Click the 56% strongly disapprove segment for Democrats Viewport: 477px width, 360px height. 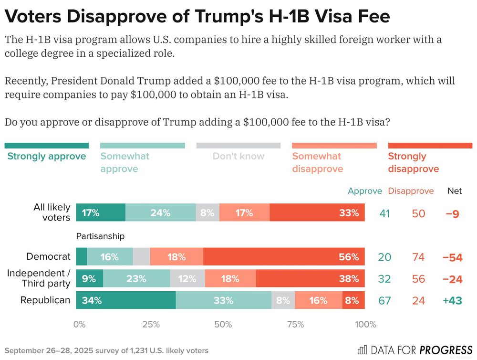coord(284,257)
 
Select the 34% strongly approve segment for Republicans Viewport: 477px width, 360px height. coord(126,301)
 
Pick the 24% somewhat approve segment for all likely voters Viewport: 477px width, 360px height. coord(161,213)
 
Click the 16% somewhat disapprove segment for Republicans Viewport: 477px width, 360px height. coord(318,301)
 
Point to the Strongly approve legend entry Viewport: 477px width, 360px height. coord(47,156)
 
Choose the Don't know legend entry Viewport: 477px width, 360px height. coord(238,156)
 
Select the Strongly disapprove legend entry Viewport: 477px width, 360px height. coord(413,162)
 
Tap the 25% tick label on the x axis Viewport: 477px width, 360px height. coord(151,325)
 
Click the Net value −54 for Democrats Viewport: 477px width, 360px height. coord(452,257)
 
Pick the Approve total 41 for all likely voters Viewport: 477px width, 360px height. coord(384,213)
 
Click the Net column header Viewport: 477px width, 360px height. coord(455,191)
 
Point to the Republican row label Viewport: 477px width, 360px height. coord(45,300)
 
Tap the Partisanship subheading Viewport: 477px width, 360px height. coord(100,236)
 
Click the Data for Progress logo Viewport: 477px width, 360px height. coord(415,350)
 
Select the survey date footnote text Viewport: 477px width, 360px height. coord(106,350)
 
